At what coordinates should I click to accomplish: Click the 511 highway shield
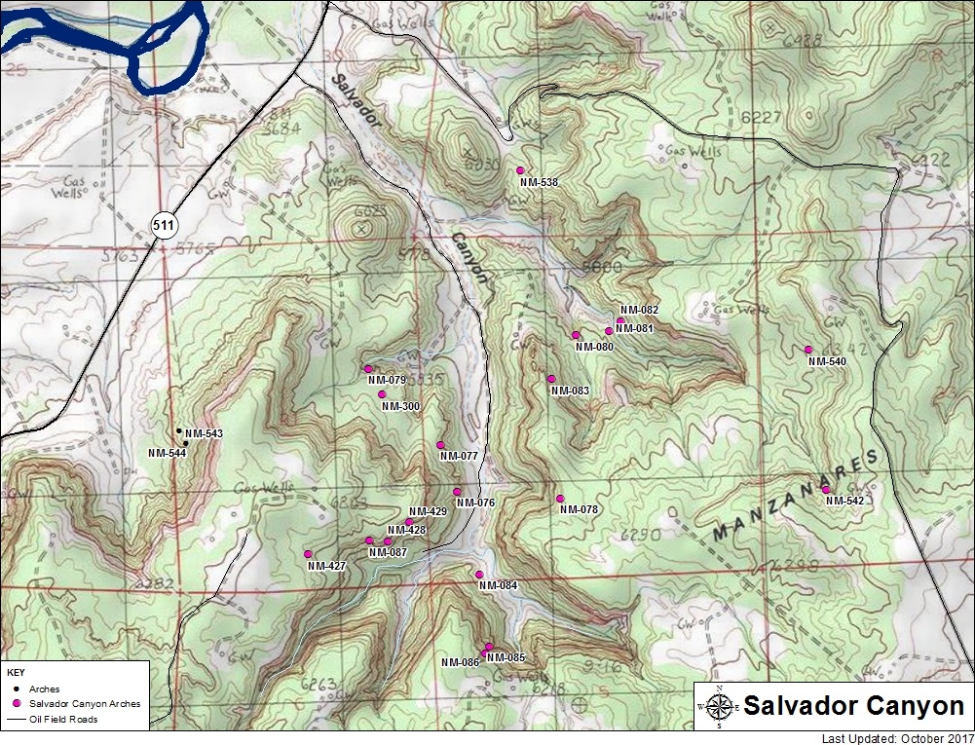[164, 226]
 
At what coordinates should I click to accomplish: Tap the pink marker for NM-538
[520, 170]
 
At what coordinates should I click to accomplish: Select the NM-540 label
[827, 361]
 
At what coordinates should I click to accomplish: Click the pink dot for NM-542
[826, 490]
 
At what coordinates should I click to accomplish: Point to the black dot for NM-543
[178, 430]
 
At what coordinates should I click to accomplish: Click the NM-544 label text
[167, 453]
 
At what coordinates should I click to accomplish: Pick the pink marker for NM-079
[368, 369]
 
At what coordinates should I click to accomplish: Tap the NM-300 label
[399, 406]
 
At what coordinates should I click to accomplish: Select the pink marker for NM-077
[440, 445]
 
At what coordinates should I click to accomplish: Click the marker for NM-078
[560, 499]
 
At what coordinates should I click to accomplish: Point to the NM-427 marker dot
[308, 554]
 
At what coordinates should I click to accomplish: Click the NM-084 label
[498, 585]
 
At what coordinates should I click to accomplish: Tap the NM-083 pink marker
[551, 379]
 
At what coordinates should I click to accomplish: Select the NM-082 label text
[639, 310]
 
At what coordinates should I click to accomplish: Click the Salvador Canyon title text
[852, 706]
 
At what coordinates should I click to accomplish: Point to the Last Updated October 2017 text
[896, 737]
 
